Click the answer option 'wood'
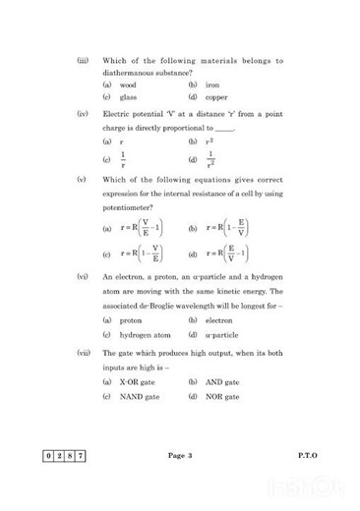point(128,85)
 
